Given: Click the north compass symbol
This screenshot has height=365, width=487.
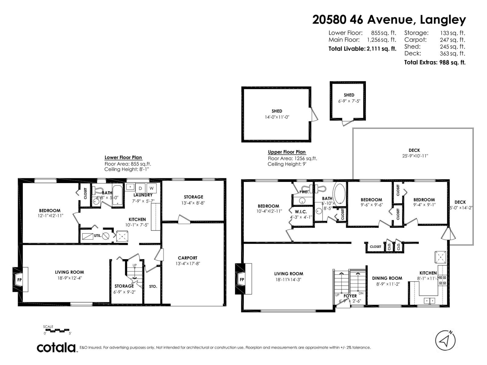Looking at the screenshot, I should pos(445,340).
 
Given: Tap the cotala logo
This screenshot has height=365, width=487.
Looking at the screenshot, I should pos(57,347).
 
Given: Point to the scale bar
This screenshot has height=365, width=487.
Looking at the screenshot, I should pos(57,330).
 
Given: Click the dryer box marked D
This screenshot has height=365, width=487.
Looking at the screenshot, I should pos(140,188).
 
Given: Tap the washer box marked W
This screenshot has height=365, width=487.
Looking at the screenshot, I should pos(151,188).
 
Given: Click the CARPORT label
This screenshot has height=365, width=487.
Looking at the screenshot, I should pos(187,258).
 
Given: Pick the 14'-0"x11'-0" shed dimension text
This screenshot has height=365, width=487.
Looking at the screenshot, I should pos(277,117).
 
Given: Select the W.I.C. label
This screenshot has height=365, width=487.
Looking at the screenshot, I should pos(301,212).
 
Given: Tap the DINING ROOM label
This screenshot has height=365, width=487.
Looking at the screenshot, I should pos(387,278).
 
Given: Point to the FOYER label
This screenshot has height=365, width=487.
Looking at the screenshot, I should pos(350,296).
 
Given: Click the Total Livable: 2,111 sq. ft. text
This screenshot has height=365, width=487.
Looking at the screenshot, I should pos(362,49).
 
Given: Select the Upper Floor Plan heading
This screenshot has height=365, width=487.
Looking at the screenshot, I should pos(286,152).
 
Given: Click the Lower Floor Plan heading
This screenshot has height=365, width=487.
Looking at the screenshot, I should pos(123,158).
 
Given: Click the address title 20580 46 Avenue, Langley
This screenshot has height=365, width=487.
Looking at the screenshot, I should pos(389,20).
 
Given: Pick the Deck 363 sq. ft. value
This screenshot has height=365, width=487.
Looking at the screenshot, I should pos(452,54).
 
